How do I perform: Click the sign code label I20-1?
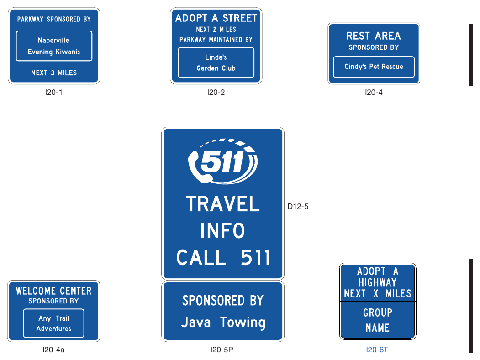(53, 92)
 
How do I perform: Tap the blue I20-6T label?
(377, 350)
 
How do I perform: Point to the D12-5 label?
(298, 206)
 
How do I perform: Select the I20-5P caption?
(222, 350)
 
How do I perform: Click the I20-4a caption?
(53, 350)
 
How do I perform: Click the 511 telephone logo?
(222, 162)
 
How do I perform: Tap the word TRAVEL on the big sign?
(223, 204)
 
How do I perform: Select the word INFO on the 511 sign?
(222, 230)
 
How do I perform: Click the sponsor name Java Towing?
(223, 323)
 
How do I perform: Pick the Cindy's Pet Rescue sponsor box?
(374, 67)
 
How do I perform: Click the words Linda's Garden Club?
(216, 63)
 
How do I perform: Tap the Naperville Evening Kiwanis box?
(54, 46)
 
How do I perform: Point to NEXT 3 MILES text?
(54, 73)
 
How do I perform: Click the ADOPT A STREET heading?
(216, 18)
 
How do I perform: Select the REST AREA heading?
(374, 36)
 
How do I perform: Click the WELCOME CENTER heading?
(54, 291)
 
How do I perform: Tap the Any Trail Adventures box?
(53, 323)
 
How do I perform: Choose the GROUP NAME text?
(377, 320)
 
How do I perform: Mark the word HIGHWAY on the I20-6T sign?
(377, 282)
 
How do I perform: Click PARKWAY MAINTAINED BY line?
(216, 40)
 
